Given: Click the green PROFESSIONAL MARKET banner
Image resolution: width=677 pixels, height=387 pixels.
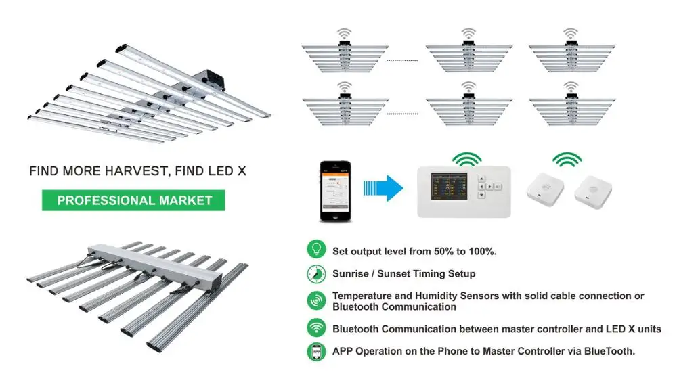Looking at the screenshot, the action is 134,200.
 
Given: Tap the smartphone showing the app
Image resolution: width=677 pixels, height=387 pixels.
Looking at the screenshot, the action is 336,190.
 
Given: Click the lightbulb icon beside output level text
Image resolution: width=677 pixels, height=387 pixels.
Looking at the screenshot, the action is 315,249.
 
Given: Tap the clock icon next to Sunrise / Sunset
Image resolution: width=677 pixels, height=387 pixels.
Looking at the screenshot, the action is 315,273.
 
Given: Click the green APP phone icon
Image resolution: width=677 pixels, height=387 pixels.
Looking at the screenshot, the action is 315,352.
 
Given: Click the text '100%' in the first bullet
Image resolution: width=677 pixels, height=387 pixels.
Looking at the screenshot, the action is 481,251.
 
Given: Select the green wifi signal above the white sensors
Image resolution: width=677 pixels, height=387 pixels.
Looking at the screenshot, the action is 567,159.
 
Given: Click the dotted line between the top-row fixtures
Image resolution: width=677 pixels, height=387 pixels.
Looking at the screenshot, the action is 402,60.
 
